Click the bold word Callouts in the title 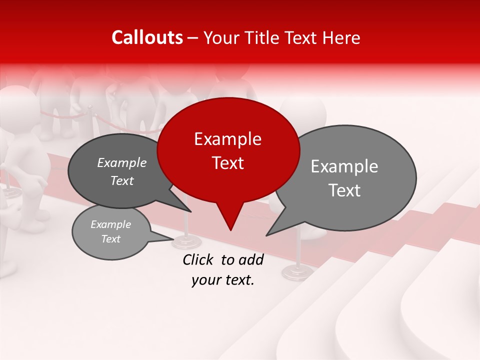[x=147, y=37]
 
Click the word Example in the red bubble [x=227, y=139]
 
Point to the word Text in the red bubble [x=227, y=163]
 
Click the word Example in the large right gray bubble [x=344, y=166]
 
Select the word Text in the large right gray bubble [x=344, y=190]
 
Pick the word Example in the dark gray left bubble [x=121, y=162]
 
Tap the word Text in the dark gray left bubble [x=121, y=180]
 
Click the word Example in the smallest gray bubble [x=110, y=224]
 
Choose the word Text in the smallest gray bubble [x=110, y=239]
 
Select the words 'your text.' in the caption [x=223, y=280]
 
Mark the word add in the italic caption [x=251, y=259]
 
